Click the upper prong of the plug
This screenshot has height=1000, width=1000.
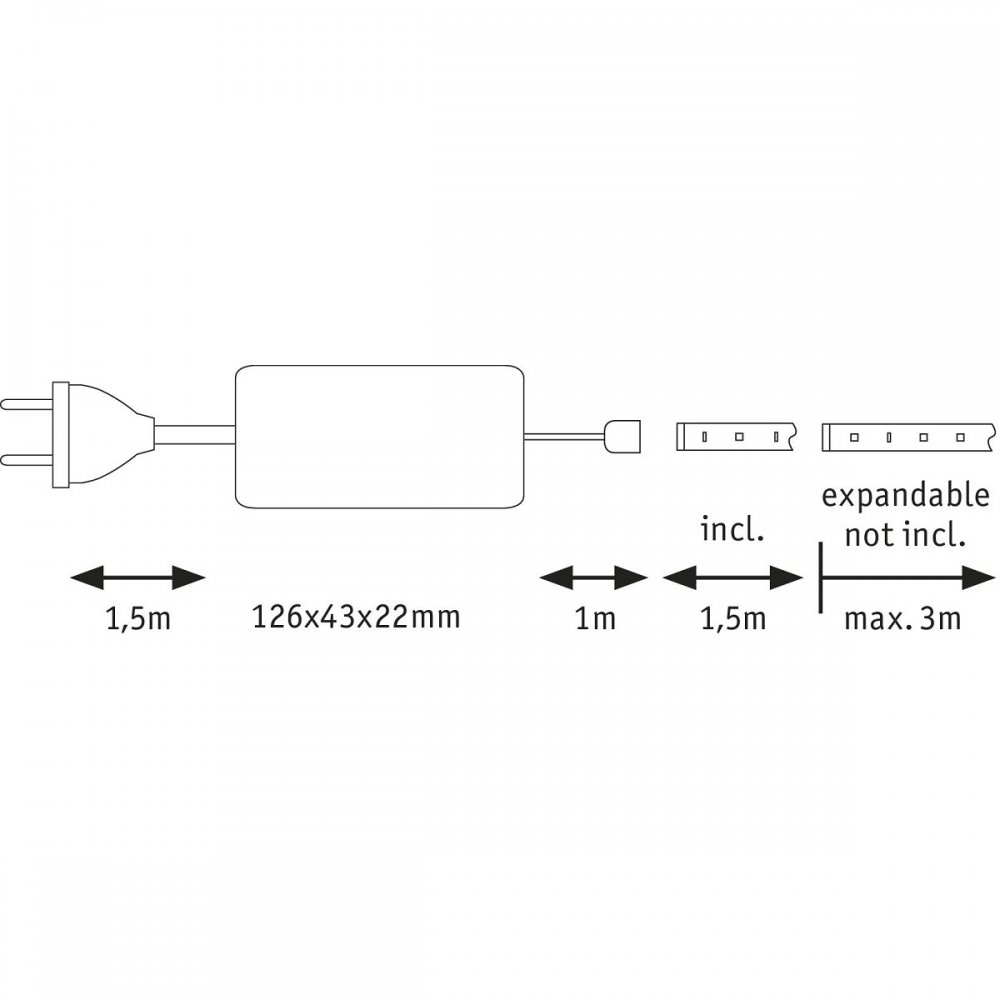(x=27, y=404)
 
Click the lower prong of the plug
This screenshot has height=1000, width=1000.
(x=27, y=459)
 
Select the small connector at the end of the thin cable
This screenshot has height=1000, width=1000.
(x=622, y=436)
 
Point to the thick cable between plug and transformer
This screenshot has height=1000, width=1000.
(x=195, y=436)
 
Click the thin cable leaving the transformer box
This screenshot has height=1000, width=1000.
(x=564, y=436)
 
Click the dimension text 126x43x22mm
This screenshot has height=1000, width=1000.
(x=356, y=617)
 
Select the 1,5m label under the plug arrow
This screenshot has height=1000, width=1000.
(x=138, y=619)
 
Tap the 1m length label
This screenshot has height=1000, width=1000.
(x=595, y=619)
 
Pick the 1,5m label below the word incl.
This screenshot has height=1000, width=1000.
(x=733, y=619)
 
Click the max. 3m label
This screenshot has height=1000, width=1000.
(x=902, y=619)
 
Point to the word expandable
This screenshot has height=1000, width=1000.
(x=906, y=497)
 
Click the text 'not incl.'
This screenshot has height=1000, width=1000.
(x=904, y=536)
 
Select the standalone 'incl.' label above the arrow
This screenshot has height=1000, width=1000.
(x=732, y=530)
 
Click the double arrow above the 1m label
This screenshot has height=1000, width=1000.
(x=594, y=578)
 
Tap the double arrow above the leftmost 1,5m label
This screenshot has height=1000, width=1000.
(x=138, y=578)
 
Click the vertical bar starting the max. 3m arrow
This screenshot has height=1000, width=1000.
(x=820, y=577)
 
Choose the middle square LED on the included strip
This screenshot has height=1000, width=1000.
(x=739, y=437)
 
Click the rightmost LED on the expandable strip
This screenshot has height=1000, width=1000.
(x=960, y=438)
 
